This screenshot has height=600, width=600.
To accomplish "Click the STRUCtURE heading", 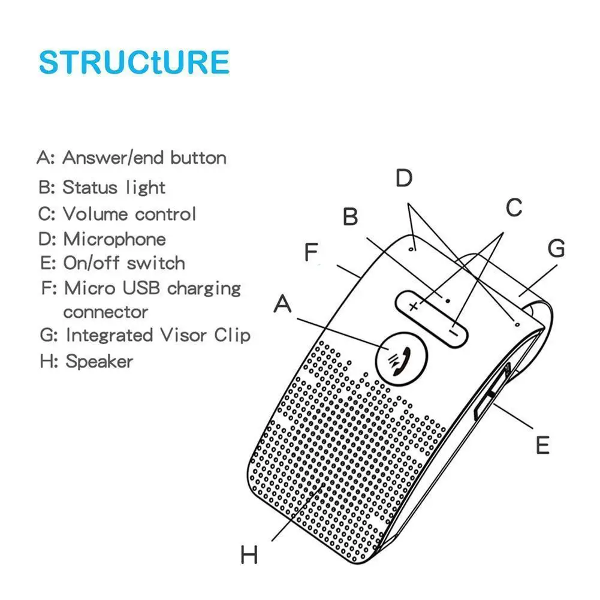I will click(x=134, y=62).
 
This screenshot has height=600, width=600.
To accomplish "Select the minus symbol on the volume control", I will click(x=456, y=329).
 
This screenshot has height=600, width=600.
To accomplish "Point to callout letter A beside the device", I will click(x=282, y=306).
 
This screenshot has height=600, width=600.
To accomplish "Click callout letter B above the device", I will click(x=351, y=217).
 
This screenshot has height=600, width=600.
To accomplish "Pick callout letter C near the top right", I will click(x=514, y=208).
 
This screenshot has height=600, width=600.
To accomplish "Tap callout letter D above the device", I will click(x=405, y=178).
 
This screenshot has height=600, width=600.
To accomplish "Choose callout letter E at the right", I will click(x=542, y=445).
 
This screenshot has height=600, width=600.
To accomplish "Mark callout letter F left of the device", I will click(x=310, y=253).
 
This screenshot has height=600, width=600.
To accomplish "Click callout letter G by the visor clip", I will click(x=556, y=248).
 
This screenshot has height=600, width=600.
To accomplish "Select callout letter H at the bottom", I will click(x=249, y=554).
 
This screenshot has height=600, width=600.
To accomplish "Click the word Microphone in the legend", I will click(x=114, y=239).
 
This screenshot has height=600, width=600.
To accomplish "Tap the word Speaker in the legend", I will click(x=99, y=361).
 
